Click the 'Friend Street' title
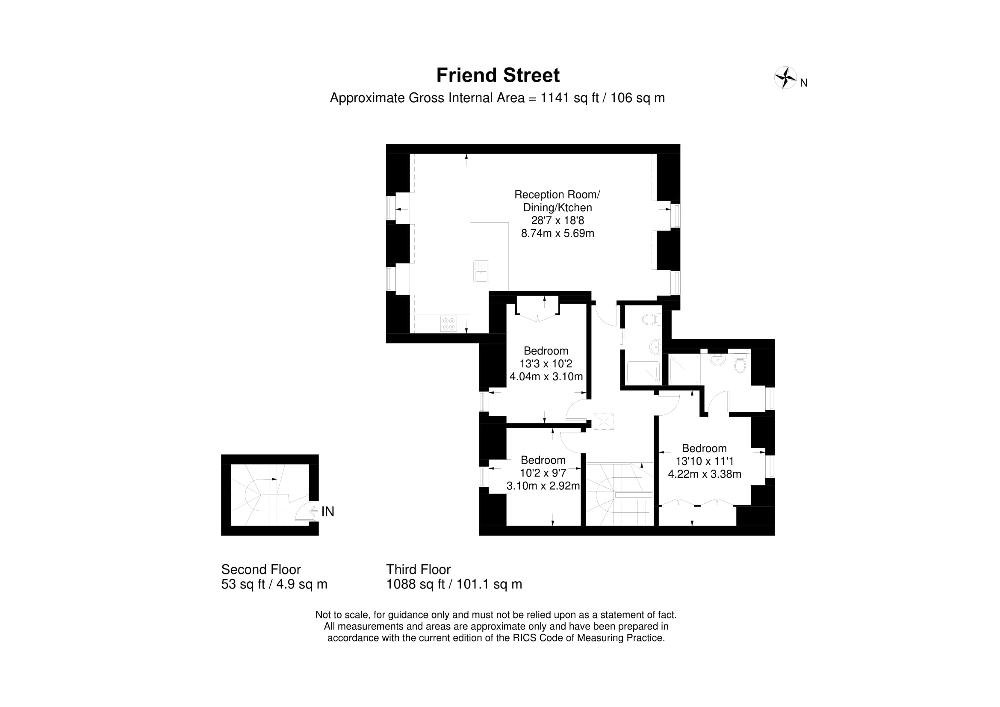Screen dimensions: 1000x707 [498, 75]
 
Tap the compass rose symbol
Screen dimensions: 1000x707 [785, 78]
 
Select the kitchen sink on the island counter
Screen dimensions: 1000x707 [481, 272]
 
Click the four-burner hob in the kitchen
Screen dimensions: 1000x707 [448, 324]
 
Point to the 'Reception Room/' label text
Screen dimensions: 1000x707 [557, 194]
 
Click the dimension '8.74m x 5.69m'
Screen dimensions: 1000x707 [558, 233]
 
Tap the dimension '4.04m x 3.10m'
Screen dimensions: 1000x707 [546, 376]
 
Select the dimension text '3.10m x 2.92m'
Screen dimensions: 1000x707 [543, 486]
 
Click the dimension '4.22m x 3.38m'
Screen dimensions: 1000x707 [705, 474]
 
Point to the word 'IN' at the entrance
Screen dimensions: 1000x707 [327, 512]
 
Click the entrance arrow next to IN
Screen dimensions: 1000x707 [313, 512]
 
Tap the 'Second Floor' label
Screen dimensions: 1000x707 [261, 569]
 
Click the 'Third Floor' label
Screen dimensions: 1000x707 [418, 569]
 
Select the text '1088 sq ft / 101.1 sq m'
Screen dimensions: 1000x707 [454, 584]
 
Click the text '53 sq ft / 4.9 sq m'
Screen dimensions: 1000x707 [274, 584]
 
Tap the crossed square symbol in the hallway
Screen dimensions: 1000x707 [603, 422]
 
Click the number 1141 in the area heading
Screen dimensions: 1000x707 [555, 98]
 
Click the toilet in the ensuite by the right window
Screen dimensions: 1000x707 [740, 363]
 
